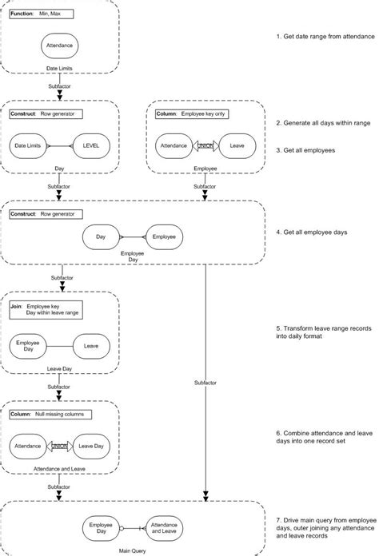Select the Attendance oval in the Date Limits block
60,46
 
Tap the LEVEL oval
92,146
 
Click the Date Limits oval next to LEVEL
29,146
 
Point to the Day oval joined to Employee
102,236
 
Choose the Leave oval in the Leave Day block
92,346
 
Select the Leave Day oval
92,446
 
